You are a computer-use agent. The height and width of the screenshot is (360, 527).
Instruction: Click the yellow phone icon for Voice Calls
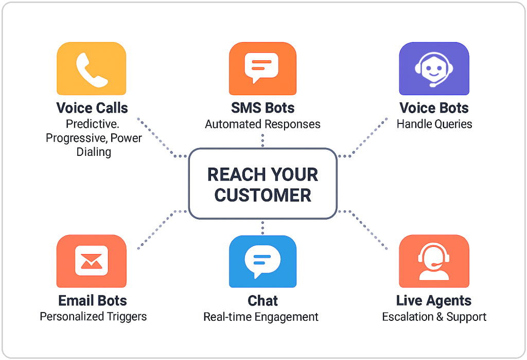[x=92, y=68]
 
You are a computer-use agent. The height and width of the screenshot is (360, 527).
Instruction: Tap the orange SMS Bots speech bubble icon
[x=262, y=68]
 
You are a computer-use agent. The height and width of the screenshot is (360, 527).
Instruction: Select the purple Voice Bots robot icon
[x=434, y=68]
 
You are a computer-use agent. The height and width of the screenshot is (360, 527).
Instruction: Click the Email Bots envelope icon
[x=92, y=261]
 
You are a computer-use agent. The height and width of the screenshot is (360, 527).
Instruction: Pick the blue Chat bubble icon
[x=262, y=261]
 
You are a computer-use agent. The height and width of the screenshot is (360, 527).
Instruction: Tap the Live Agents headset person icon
[x=434, y=261]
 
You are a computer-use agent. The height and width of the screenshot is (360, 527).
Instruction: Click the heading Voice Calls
[x=92, y=108]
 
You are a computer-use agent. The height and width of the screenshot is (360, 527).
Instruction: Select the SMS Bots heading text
[x=262, y=108]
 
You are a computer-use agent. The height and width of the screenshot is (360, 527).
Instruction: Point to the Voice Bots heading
[x=434, y=108]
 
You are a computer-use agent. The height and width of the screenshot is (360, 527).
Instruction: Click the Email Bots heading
[x=93, y=300]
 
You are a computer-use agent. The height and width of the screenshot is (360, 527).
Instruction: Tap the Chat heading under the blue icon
[x=262, y=300]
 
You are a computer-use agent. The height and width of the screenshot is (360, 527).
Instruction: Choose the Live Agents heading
[x=433, y=301]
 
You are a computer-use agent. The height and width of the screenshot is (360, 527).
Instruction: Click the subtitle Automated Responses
[x=262, y=124]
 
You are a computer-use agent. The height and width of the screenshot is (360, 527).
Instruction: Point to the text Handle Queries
[x=434, y=124]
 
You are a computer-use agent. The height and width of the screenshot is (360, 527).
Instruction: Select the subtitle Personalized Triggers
[x=93, y=317]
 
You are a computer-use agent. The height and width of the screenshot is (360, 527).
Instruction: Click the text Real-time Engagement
[x=261, y=317]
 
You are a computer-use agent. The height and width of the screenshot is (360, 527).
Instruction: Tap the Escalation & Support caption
[x=434, y=317]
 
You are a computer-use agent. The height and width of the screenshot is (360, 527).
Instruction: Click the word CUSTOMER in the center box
[x=263, y=195]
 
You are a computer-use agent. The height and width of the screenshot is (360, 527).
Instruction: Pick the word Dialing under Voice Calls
[x=94, y=152]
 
